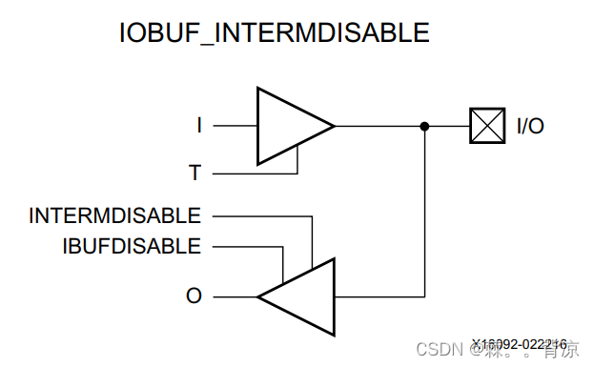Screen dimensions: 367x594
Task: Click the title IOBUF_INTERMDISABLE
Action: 274,32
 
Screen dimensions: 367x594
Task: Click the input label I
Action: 199,125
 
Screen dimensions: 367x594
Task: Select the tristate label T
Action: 195,173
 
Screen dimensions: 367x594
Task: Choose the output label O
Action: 194,296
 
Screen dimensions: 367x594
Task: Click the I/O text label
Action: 530,126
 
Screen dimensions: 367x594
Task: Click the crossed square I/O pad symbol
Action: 487,126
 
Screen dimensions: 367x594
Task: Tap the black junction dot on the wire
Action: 424,126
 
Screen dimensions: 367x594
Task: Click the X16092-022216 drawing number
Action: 520,343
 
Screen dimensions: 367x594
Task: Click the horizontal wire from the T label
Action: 253,174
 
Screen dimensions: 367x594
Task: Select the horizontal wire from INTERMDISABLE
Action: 257,216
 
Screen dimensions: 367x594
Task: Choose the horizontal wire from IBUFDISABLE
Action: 243,247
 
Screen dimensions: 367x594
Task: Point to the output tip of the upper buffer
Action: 334,126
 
